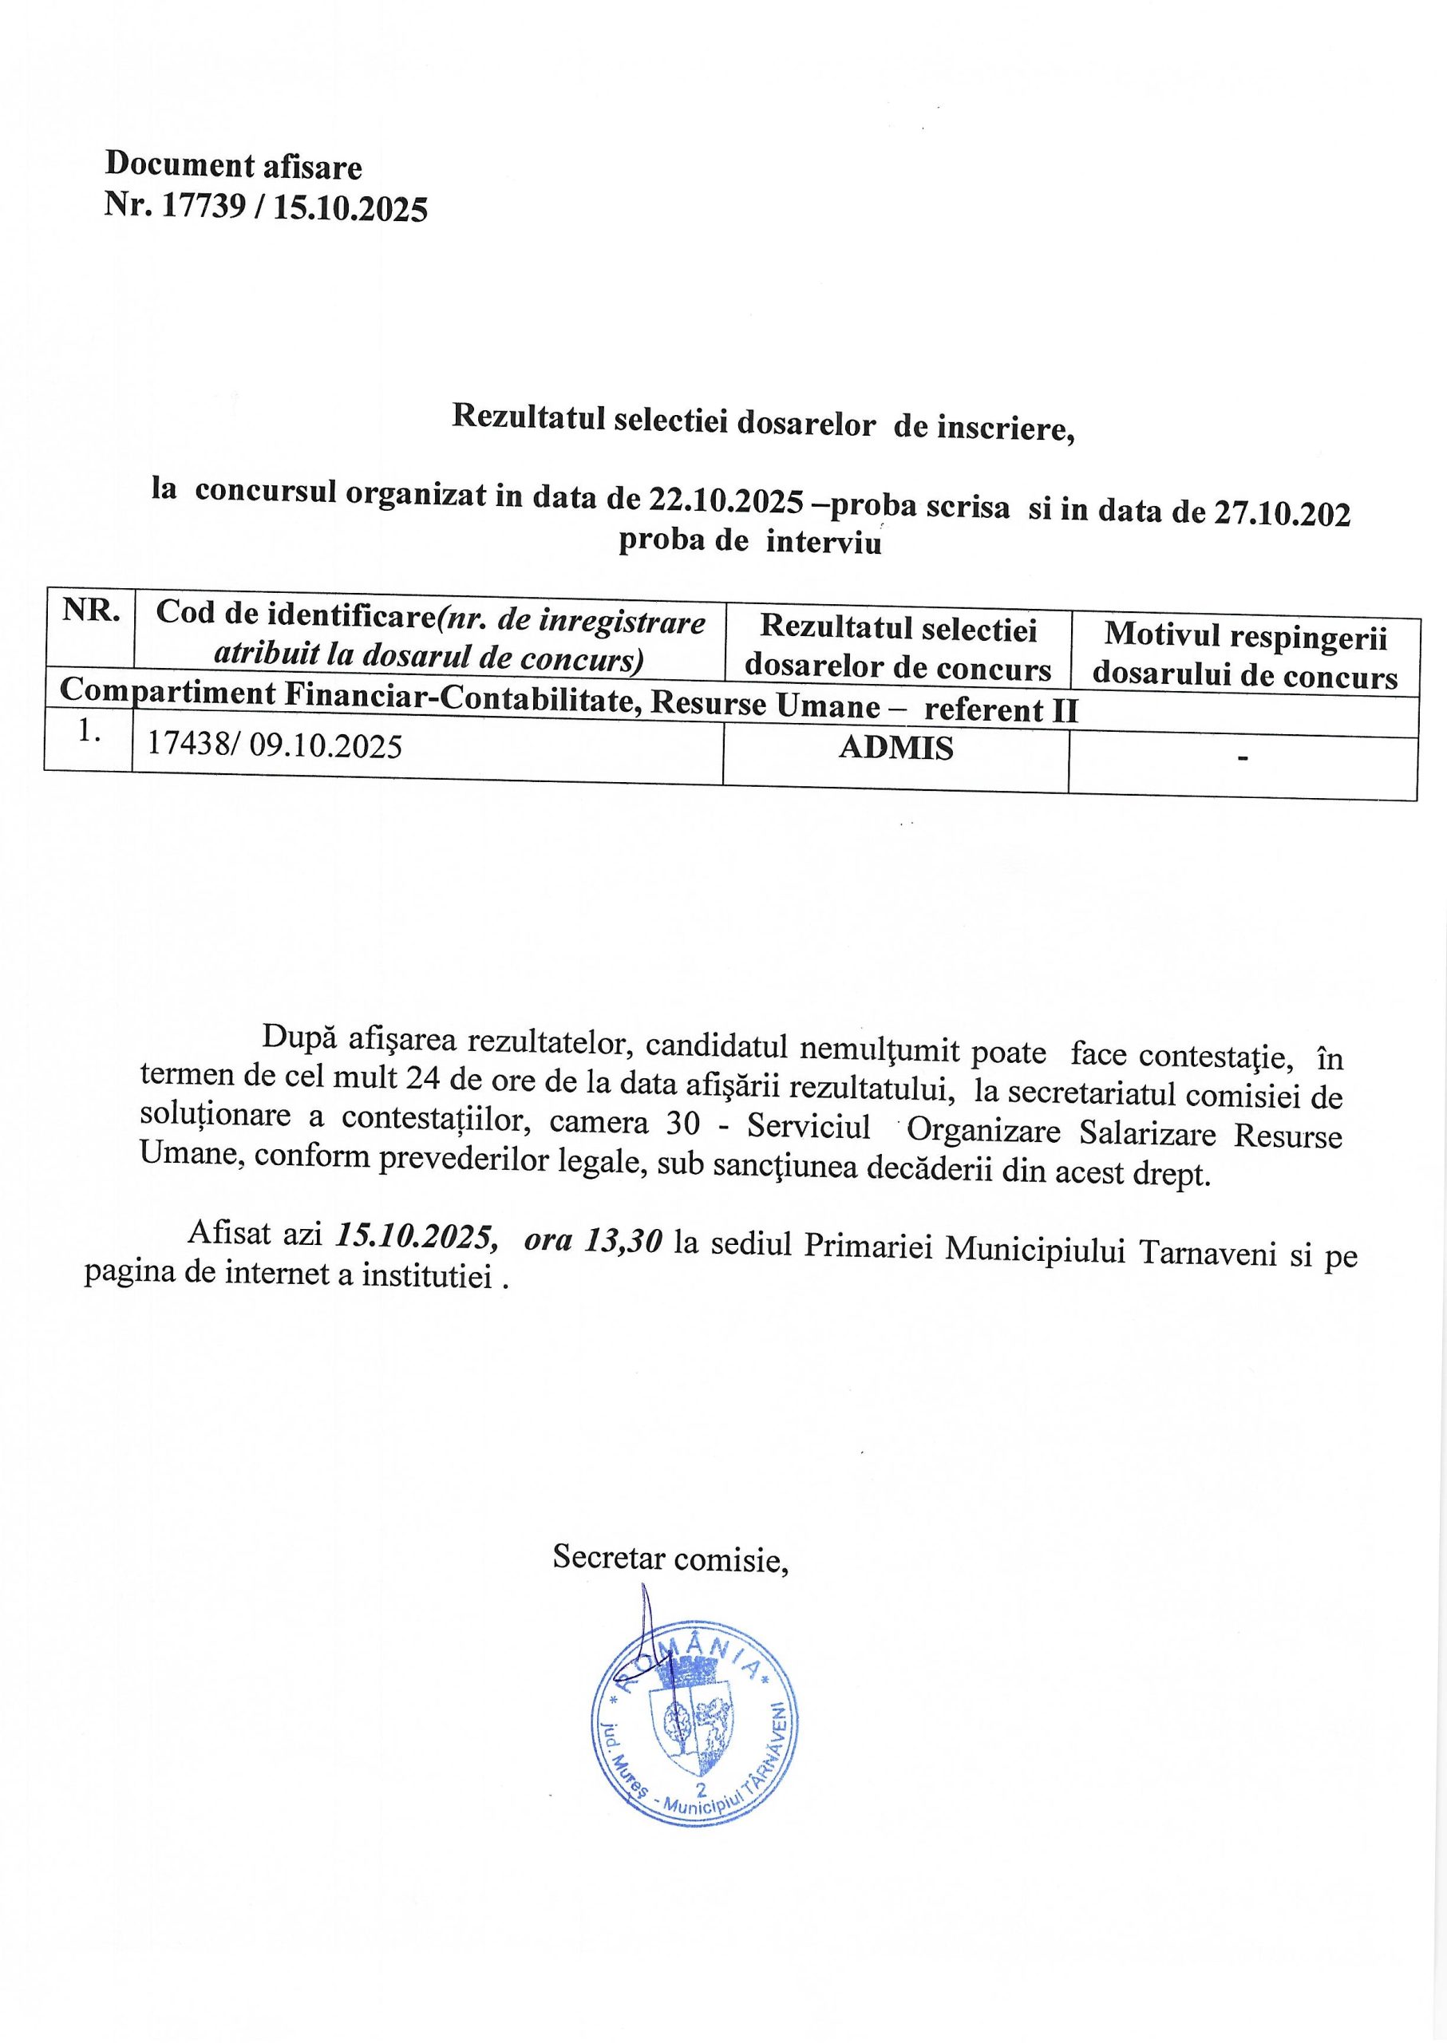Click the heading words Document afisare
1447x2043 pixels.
click(x=233, y=166)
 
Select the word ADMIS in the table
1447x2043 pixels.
click(x=895, y=748)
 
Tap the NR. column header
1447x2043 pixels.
click(x=91, y=611)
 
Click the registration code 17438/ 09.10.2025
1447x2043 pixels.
click(x=274, y=744)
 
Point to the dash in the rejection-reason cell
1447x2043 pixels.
click(x=1242, y=757)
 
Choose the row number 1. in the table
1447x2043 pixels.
click(x=89, y=729)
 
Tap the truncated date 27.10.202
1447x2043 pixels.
click(x=1282, y=512)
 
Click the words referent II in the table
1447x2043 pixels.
click(x=1001, y=710)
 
